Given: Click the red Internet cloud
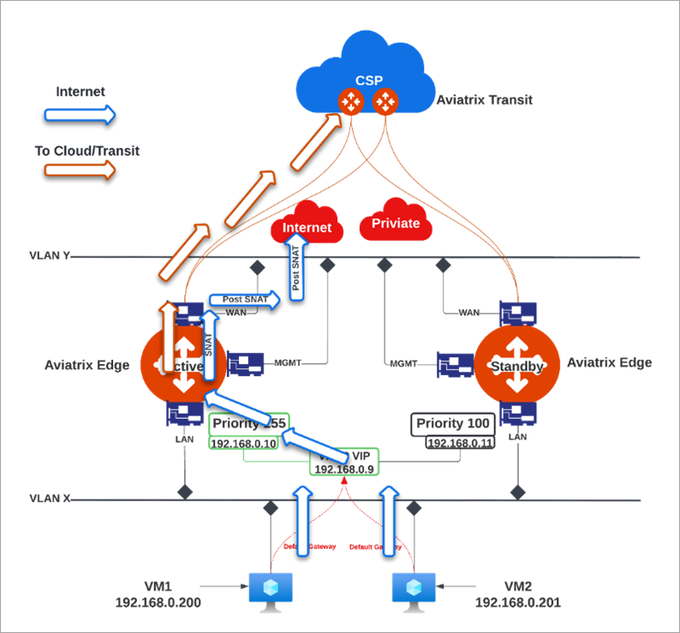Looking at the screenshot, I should click(307, 228).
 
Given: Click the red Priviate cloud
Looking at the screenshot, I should click(396, 224).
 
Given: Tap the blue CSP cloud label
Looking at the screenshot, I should click(369, 81).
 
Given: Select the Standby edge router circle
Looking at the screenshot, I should click(516, 366).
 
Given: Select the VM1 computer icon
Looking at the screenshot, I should click(271, 591).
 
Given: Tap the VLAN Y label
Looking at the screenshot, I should click(50, 255).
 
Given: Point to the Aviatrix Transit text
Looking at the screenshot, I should click(485, 100).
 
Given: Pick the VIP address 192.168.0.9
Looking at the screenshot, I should click(343, 469).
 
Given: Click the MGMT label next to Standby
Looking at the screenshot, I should click(403, 363).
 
